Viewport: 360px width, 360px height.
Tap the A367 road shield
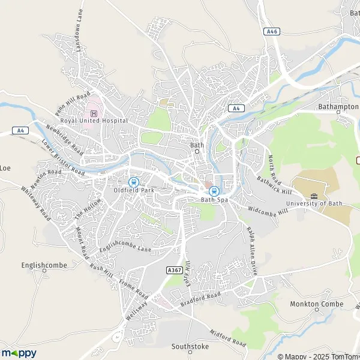pos(173,271)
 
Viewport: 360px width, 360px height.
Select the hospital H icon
pos(94,113)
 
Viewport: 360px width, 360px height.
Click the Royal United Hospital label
pos(94,121)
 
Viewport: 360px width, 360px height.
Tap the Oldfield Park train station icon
pos(133,182)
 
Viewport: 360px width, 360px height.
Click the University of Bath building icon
pos(314,196)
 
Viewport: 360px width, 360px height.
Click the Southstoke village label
pos(189,346)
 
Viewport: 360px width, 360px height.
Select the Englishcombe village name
pos(44,264)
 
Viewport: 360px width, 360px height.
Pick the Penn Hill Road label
pos(72,104)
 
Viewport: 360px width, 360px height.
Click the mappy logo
pos(19,353)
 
